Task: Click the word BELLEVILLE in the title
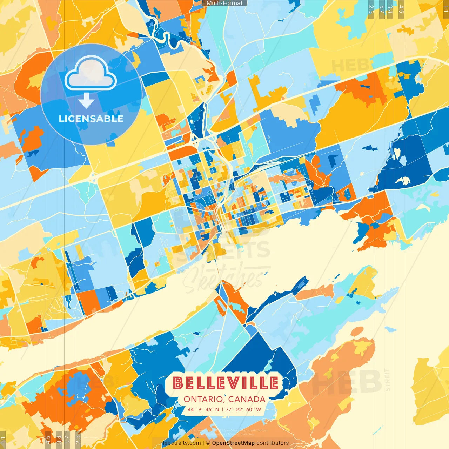[x=226, y=383]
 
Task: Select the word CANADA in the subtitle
[x=247, y=399]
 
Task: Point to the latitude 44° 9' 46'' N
[x=203, y=409]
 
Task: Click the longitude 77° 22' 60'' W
[x=244, y=409]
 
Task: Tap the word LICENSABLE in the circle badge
[x=91, y=119]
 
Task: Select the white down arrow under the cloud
[x=86, y=101]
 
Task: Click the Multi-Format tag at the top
[x=224, y=3]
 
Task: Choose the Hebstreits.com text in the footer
[x=180, y=443]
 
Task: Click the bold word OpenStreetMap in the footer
[x=233, y=443]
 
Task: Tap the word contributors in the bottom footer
[x=273, y=443]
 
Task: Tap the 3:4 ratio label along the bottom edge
[x=59, y=439]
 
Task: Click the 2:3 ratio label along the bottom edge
[x=78, y=439]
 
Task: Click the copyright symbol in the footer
[x=208, y=443]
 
